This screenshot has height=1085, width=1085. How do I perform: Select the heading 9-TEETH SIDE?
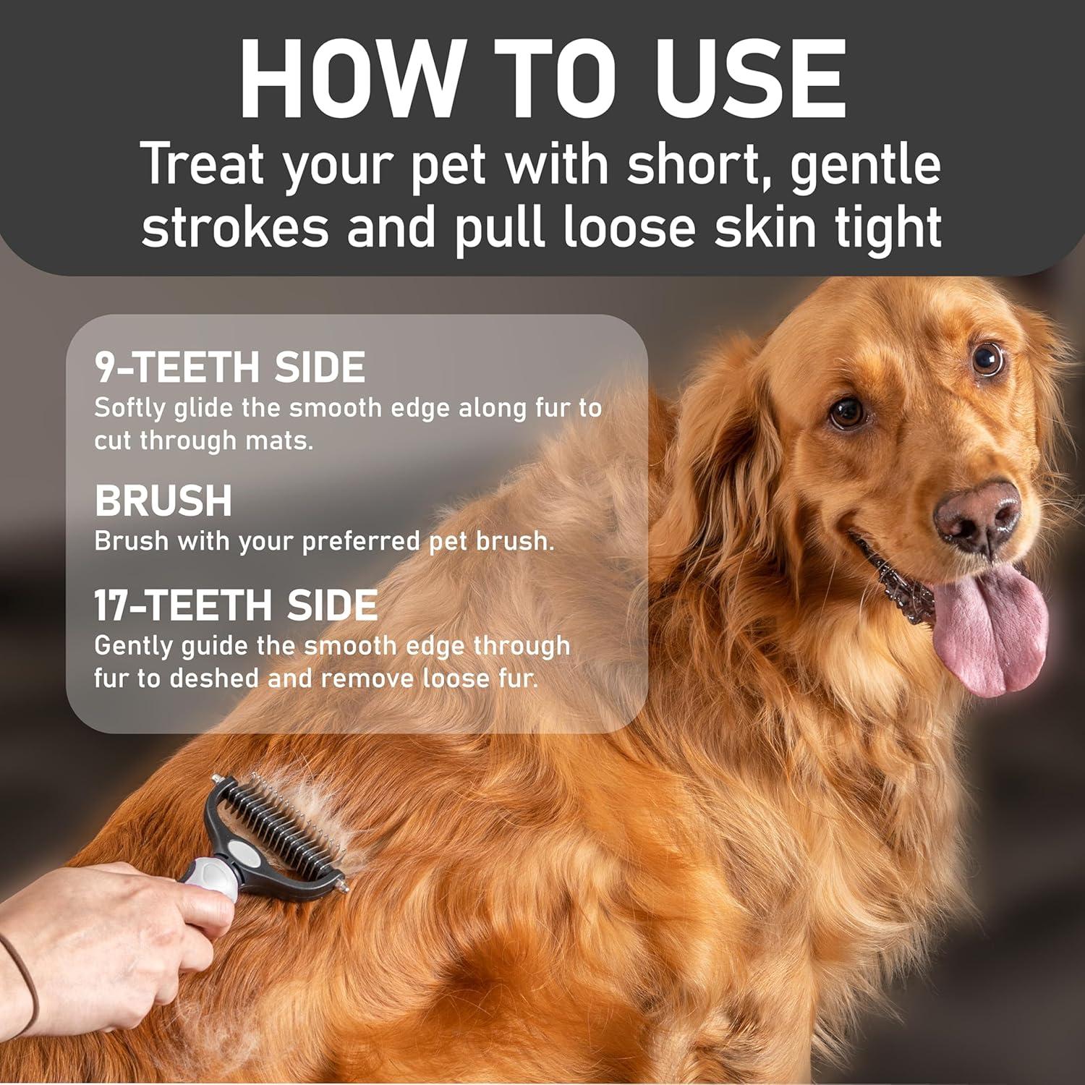[x=230, y=367]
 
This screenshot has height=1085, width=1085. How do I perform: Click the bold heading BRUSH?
[x=163, y=501]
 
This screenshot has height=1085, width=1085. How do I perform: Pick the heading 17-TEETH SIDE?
[x=236, y=605]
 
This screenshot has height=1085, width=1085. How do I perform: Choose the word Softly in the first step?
[x=130, y=408]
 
